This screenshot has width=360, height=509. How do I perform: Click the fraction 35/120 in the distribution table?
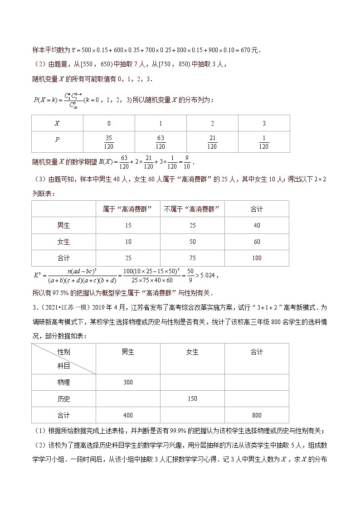point(108,142)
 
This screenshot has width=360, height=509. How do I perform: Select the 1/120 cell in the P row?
point(263,142)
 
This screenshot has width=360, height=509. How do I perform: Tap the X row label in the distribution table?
point(57,123)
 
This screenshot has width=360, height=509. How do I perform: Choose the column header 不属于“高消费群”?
point(192,209)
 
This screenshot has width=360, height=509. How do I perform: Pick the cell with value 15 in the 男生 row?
point(128,225)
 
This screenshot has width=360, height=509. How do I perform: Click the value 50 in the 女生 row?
point(192,242)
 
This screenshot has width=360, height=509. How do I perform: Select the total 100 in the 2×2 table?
point(257,258)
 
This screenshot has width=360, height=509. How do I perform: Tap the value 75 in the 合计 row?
point(192,258)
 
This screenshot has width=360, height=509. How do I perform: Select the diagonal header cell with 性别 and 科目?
point(63,359)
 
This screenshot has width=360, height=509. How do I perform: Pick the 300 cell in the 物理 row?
point(128,382)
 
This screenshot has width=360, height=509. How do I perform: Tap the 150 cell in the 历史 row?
point(192,398)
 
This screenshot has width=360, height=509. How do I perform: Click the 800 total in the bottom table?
point(257,415)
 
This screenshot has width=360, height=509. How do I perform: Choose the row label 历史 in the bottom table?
point(63,398)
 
